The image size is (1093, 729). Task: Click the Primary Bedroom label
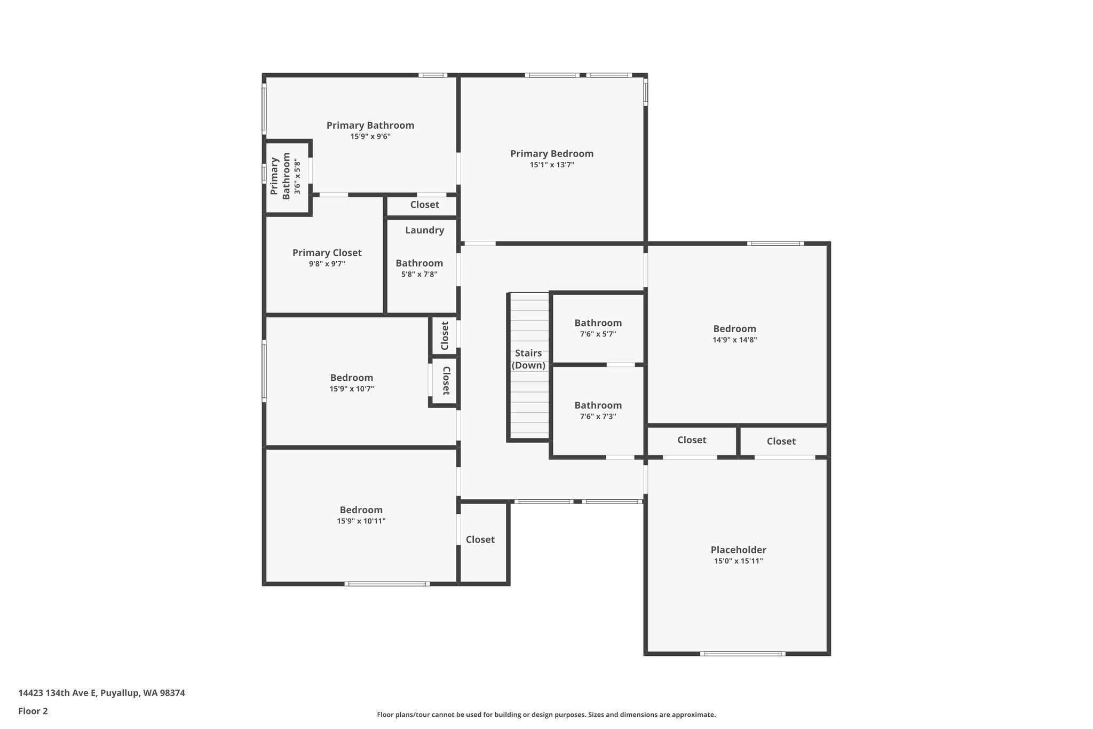tap(551, 154)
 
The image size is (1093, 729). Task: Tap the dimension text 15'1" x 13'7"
tap(551, 165)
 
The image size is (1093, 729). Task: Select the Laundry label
tap(424, 230)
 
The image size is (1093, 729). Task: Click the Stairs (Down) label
tap(528, 359)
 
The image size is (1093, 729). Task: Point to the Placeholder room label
tap(738, 550)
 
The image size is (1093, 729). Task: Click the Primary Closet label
tap(327, 253)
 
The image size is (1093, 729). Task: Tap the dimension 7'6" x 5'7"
tap(598, 334)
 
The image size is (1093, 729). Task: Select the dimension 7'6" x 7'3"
tap(598, 417)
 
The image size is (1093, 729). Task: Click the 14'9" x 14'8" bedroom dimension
tap(734, 340)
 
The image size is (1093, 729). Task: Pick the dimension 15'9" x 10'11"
tap(361, 521)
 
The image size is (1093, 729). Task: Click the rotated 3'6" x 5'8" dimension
tap(298, 177)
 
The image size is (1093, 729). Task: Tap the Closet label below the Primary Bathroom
tap(424, 205)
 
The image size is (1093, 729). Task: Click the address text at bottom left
tap(101, 693)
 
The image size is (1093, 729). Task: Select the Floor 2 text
tap(33, 711)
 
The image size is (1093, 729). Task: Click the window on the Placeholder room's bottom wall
tap(742, 654)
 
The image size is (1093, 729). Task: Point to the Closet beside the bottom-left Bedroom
tap(480, 539)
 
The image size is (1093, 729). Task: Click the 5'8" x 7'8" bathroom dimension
tap(419, 275)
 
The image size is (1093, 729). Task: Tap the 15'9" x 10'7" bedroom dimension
tap(351, 389)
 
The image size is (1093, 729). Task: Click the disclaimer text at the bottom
tap(546, 715)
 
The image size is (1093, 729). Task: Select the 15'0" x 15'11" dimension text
tap(738, 561)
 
